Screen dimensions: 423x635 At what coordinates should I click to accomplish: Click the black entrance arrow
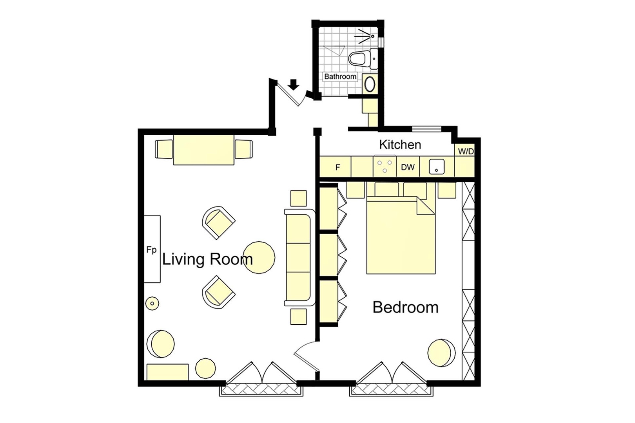coord(293,84)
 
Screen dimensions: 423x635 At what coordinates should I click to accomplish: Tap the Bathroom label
coord(340,76)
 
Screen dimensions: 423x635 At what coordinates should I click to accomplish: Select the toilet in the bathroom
coord(360,59)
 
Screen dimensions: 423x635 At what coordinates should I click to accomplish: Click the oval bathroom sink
coord(370,84)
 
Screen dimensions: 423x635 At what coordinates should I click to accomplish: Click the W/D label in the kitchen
coord(466,152)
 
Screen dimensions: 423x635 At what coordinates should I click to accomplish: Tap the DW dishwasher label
coord(408,167)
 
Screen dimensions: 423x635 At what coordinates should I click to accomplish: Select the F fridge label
coord(337,168)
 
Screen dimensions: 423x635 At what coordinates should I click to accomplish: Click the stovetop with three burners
coord(385,166)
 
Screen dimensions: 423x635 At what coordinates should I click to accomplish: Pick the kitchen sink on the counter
coord(436,167)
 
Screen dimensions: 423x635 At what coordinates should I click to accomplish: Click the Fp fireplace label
coord(152,250)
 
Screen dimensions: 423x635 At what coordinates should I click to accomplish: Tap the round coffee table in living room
coord(259,257)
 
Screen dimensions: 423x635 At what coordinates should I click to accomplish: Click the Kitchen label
coord(400,145)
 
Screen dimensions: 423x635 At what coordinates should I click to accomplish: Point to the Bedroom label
coord(405,307)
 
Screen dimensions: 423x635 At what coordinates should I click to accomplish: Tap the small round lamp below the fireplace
coord(152,303)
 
